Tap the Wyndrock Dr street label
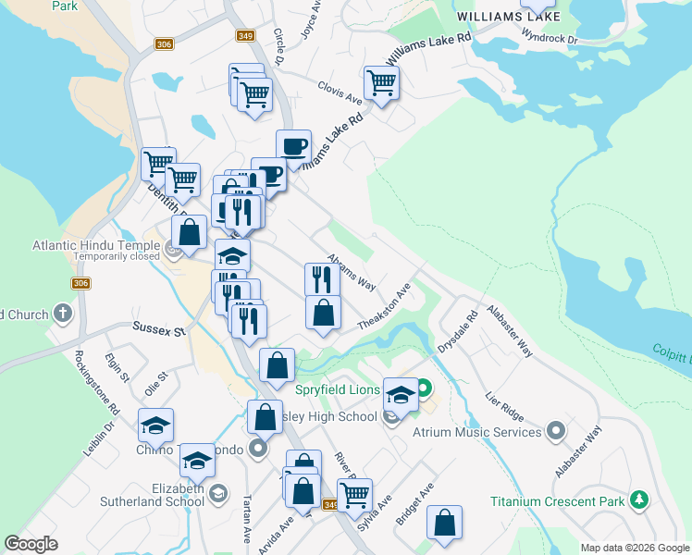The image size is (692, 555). (x=549, y=38)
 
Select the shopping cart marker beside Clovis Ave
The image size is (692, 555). (x=381, y=84)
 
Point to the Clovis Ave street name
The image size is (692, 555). (x=340, y=93)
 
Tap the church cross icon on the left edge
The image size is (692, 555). (x=63, y=314)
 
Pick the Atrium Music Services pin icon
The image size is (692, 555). (x=556, y=431)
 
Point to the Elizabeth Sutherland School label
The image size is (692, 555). (x=166, y=495)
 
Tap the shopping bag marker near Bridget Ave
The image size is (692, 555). (x=445, y=522)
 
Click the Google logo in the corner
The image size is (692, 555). (x=31, y=544)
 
